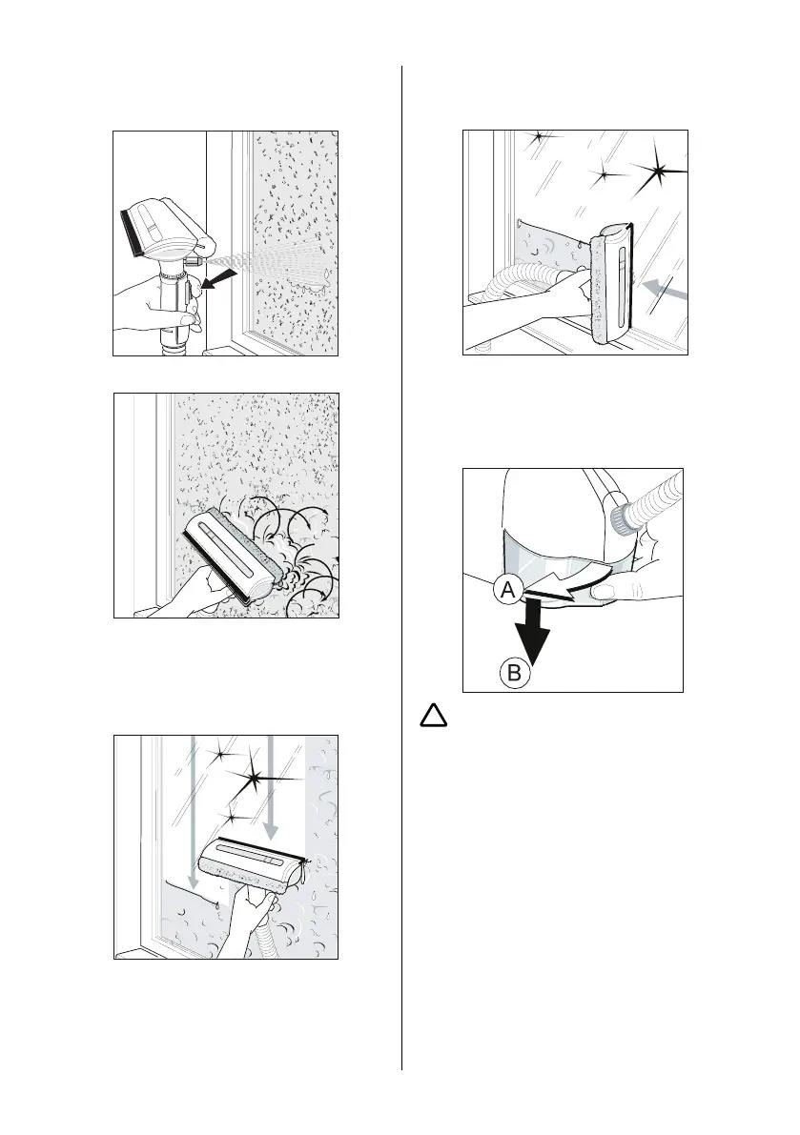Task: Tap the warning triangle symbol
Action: [x=434, y=716]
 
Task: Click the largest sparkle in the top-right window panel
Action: [x=659, y=173]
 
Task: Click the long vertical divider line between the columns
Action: [x=401, y=572]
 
